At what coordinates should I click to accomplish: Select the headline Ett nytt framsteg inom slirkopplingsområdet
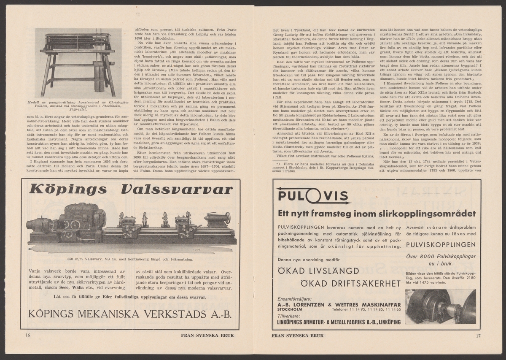coord(377,213)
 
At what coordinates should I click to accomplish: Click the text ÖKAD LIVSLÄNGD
coord(323,271)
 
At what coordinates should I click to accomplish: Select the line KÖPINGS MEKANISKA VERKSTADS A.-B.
coord(129,314)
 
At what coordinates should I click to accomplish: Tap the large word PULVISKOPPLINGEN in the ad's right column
coord(440,245)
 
